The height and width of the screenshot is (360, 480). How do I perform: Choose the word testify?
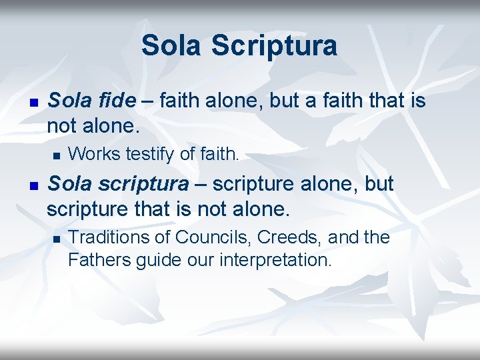pyautogui.click(x=150, y=154)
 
